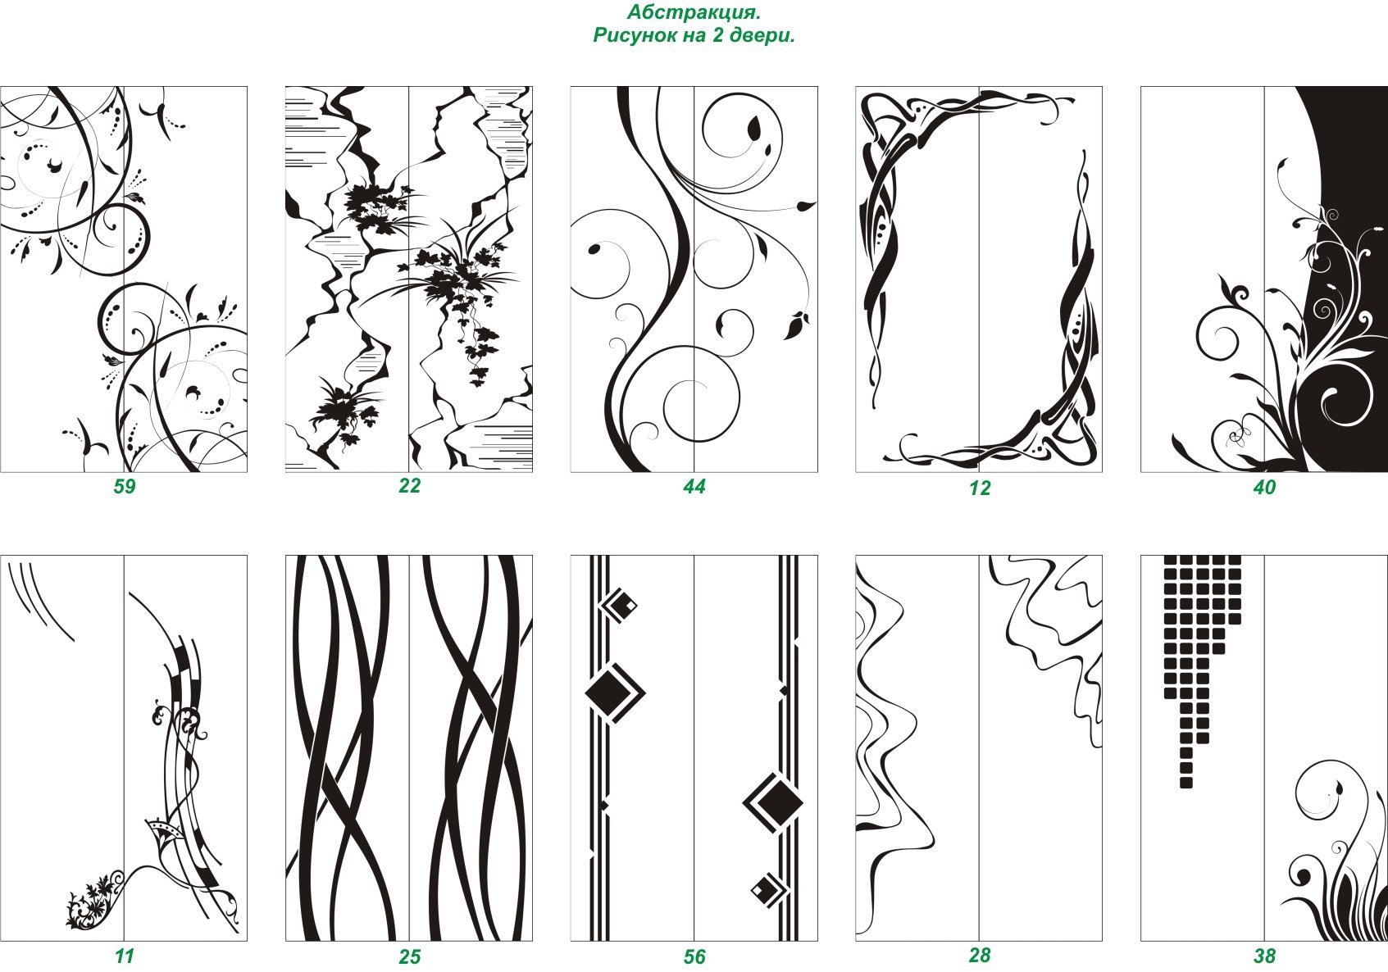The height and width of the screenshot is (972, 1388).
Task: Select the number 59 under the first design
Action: [x=124, y=486]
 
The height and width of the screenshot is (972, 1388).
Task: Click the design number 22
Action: [x=410, y=486]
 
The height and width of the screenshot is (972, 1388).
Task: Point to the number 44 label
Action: [x=694, y=486]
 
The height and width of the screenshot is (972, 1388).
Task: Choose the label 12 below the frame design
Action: [x=980, y=488]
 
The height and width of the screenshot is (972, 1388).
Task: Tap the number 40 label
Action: [x=1265, y=488]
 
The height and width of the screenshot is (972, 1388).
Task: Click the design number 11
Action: [x=124, y=956]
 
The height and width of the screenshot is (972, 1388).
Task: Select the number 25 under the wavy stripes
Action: [x=410, y=957]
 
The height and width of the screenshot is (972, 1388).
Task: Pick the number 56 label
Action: [x=694, y=957]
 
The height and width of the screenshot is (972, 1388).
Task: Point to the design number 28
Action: [x=980, y=956]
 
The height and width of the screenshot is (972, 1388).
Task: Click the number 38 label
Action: [x=1265, y=956]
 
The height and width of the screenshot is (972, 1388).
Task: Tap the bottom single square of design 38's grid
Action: [x=1186, y=783]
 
